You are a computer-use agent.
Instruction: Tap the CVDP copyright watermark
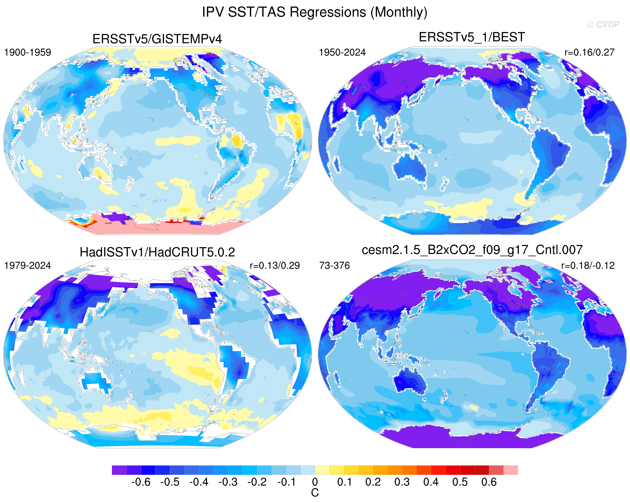tap(603, 25)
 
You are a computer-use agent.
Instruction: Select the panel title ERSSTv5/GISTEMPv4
tap(157, 39)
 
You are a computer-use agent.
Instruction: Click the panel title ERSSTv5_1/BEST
tap(472, 37)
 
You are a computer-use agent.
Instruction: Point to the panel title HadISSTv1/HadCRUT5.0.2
tap(157, 252)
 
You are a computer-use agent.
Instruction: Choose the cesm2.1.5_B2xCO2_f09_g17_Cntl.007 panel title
tap(472, 250)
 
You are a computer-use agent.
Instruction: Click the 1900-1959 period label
tap(27, 53)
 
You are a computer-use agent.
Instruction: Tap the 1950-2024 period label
tap(342, 53)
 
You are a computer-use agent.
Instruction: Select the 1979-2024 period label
tap(27, 266)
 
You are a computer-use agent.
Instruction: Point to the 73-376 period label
tap(334, 266)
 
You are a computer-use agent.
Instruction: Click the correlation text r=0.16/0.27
tap(589, 53)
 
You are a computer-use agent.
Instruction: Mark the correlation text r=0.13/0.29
tap(275, 266)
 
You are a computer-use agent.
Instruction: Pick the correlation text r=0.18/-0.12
tap(588, 266)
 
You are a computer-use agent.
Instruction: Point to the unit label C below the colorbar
tap(315, 493)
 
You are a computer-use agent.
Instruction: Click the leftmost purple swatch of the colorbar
tap(119, 470)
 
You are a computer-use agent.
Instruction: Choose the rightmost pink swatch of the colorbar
tap(511, 470)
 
